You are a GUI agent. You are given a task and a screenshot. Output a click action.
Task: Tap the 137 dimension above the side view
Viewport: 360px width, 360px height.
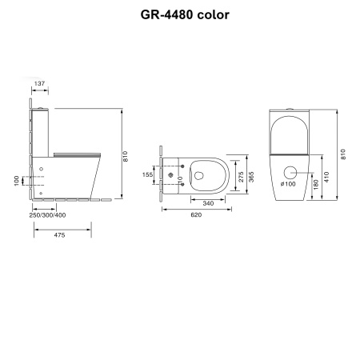click(39, 83)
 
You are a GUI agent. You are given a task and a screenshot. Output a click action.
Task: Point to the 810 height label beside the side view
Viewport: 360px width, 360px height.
click(126, 158)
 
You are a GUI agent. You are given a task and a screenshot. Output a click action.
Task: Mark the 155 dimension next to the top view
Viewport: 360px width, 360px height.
click(146, 174)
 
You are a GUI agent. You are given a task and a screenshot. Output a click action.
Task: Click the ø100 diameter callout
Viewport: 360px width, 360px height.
click(290, 184)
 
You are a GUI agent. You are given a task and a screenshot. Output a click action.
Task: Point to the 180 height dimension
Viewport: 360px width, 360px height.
click(316, 185)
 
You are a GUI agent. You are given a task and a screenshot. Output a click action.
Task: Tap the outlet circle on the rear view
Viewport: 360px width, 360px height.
click(290, 170)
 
